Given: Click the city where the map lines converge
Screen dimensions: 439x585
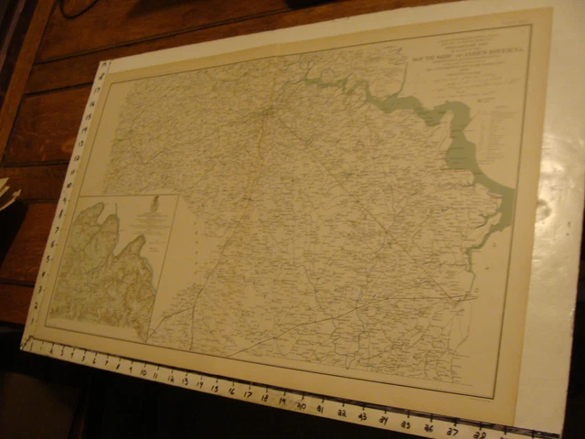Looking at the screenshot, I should (x=265, y=113).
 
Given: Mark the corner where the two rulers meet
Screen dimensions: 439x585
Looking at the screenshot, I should (x=27, y=343).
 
